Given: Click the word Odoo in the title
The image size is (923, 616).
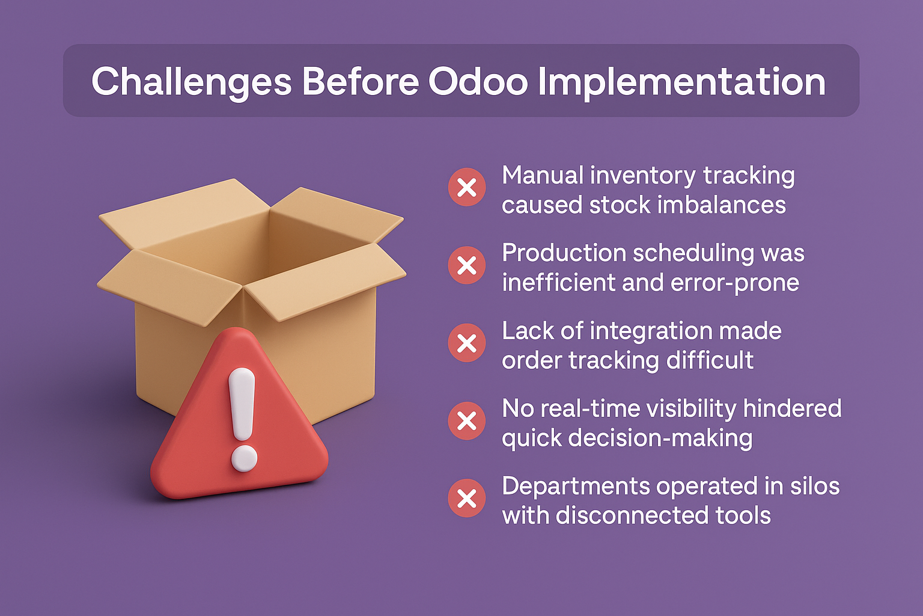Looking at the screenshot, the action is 478,81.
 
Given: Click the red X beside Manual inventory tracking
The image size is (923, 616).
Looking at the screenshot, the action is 467,187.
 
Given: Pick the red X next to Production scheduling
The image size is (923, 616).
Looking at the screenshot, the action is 467,265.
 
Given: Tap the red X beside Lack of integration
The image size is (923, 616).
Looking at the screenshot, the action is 467,343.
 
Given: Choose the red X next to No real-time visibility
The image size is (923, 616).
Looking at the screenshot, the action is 467,421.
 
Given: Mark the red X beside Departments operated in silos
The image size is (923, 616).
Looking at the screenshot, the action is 467,499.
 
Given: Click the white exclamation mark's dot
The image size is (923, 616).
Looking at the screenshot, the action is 244,458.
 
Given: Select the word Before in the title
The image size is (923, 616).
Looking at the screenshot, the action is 361,81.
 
